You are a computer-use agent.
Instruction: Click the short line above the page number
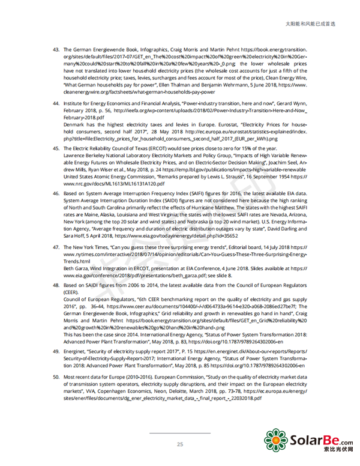(x=179, y=432)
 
